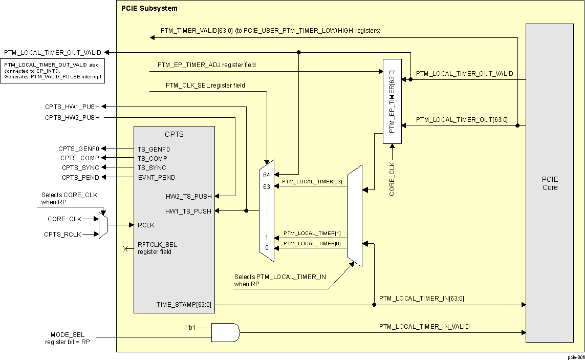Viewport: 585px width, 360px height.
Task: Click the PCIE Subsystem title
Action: point(149,9)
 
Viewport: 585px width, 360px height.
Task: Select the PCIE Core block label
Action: point(550,183)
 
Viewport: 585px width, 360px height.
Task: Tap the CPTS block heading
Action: point(174,135)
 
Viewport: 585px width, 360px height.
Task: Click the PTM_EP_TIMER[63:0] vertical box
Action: point(392,101)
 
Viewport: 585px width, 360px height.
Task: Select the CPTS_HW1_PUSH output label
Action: point(72,107)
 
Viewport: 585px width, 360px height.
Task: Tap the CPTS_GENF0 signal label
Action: point(78,149)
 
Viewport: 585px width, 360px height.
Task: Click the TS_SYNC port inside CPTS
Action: point(151,168)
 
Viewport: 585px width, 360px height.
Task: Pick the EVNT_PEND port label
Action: point(156,178)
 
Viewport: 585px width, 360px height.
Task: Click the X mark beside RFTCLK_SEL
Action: point(125,249)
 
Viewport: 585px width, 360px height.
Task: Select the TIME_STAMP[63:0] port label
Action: point(183,305)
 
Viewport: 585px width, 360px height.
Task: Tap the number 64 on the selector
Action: point(266,175)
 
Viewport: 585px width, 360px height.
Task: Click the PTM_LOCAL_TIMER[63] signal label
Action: point(313,181)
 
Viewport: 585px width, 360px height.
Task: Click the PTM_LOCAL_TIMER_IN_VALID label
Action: point(424,326)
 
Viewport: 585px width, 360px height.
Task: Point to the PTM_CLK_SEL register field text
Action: point(205,86)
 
